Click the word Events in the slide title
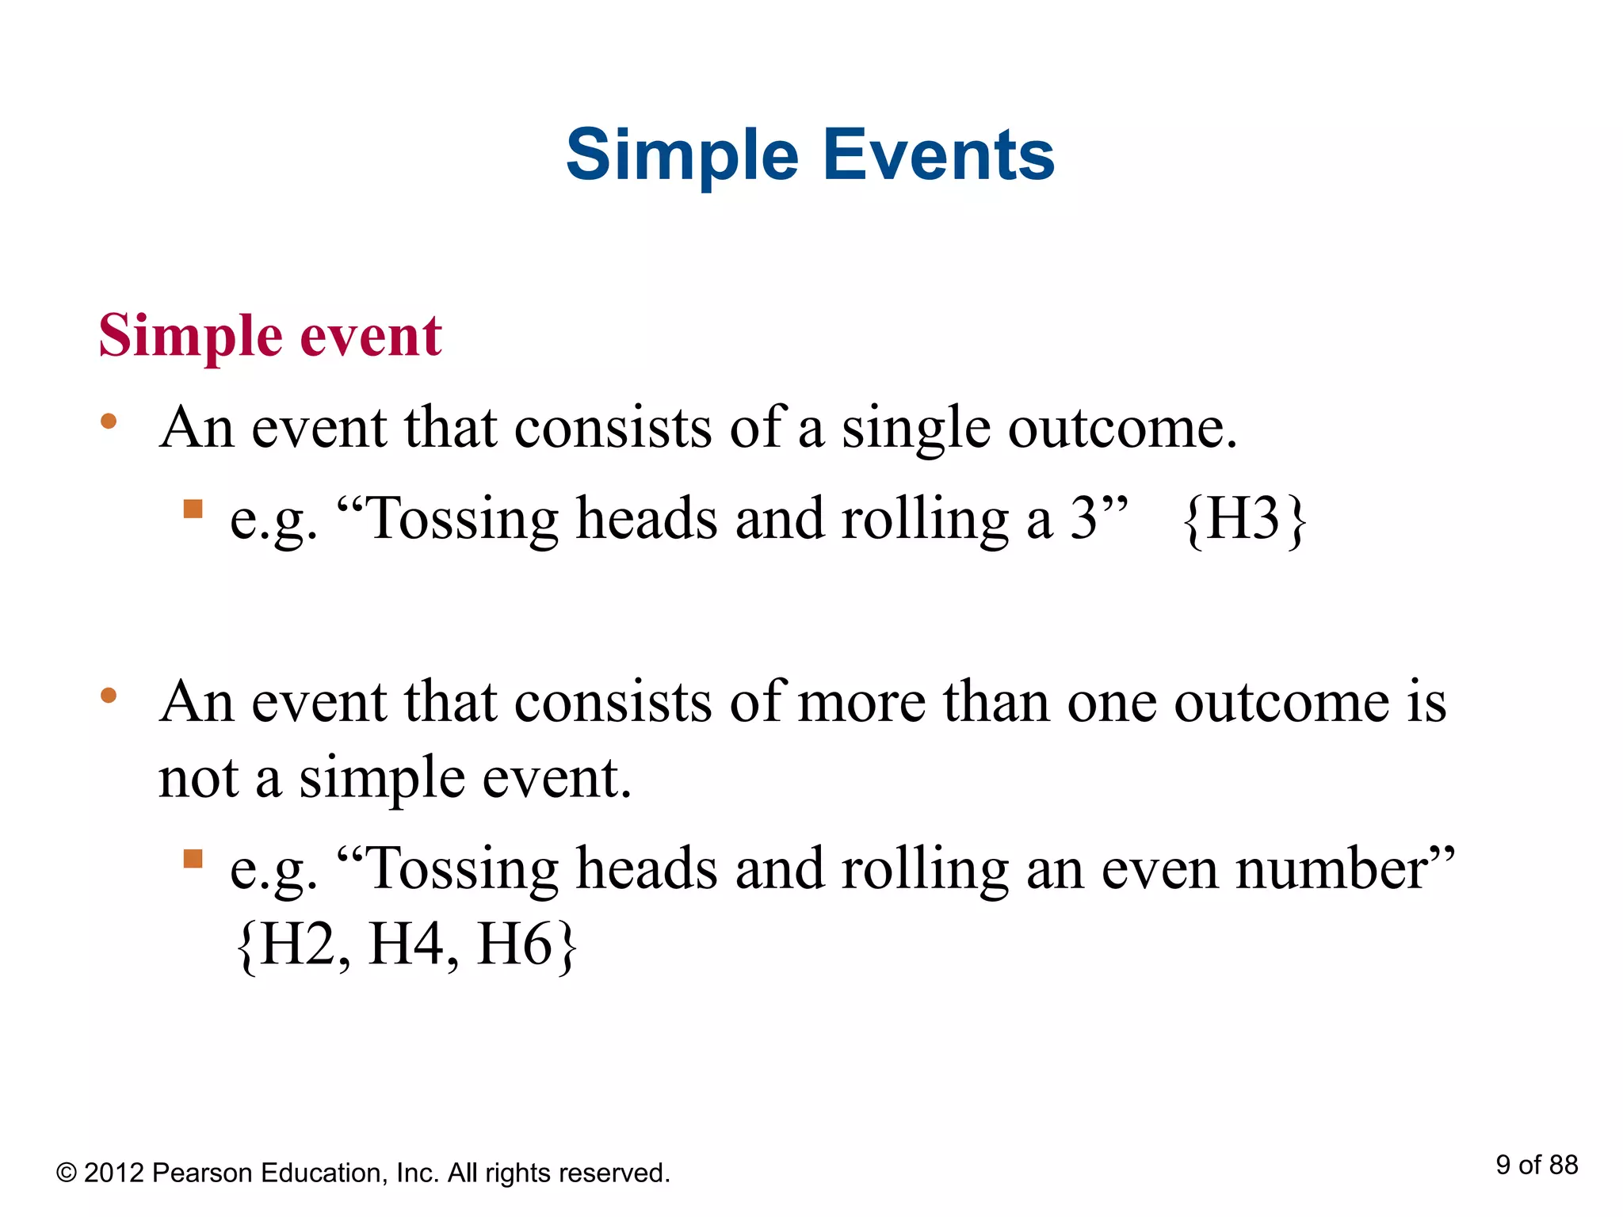point(938,155)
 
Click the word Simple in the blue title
point(682,155)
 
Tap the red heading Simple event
point(269,336)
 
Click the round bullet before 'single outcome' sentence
point(109,422)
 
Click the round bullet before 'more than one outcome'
point(109,696)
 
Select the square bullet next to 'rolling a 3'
point(193,508)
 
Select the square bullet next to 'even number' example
point(193,859)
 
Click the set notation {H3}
point(1243,520)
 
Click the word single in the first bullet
point(915,429)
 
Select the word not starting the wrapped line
point(198,778)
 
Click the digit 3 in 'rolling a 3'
point(1084,519)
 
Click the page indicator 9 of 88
point(1536,1165)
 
